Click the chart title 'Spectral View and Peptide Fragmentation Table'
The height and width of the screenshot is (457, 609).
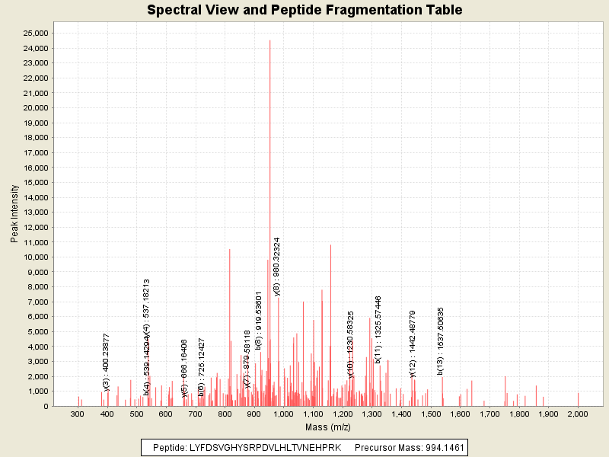coord(304,10)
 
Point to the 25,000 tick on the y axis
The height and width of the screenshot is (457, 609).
coord(36,33)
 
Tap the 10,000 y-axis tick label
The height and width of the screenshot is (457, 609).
coord(36,257)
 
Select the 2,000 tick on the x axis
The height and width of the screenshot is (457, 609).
coord(578,414)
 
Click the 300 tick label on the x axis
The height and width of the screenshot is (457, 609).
coord(77,414)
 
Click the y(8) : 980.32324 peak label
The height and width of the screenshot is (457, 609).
coord(278,265)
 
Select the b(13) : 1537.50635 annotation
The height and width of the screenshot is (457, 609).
coord(441,340)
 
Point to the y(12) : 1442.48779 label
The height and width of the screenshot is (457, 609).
coord(413,344)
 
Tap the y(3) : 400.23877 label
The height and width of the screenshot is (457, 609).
coord(107,363)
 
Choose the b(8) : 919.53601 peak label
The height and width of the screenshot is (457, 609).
coord(259,320)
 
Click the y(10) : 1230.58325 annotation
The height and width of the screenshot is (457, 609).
coord(351,344)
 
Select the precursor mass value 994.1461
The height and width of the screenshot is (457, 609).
coord(441,447)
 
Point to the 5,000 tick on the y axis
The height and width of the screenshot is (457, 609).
coord(38,331)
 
